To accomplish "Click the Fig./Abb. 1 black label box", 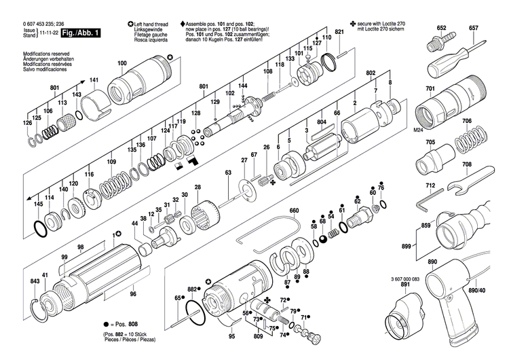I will click(77, 33).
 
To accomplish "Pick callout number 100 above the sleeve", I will click(121, 64).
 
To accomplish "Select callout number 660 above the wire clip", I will click(294, 211).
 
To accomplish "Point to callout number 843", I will click(35, 282).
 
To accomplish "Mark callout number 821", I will click(340, 32).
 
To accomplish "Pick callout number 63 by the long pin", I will click(229, 175).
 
